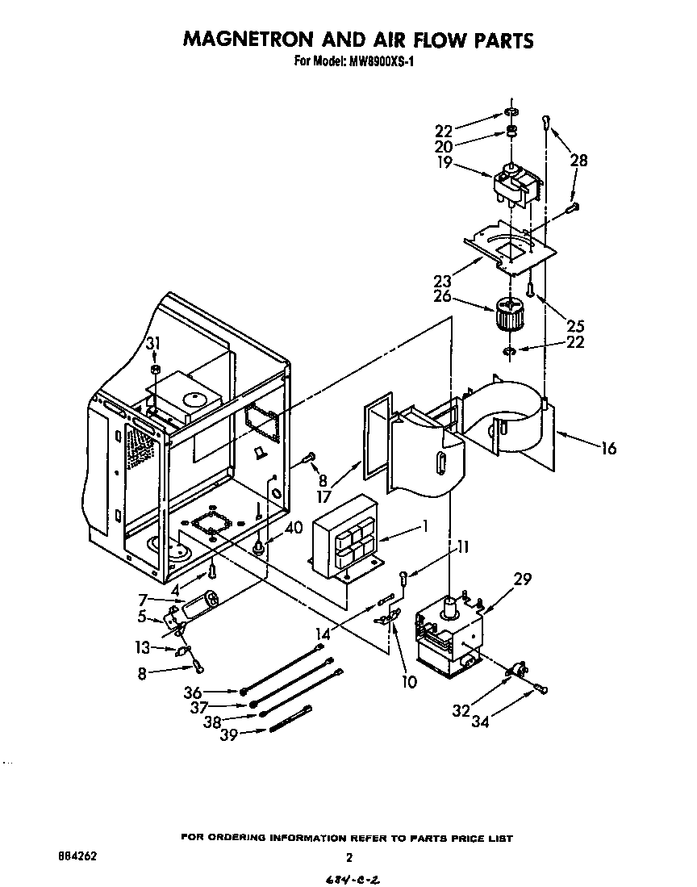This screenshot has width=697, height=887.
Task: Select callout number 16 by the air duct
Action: tap(608, 447)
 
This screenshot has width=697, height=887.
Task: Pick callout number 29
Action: tap(523, 578)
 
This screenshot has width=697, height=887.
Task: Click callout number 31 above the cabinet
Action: tap(153, 345)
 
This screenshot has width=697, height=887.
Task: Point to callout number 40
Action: tap(294, 528)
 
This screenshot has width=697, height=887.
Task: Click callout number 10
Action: tap(409, 682)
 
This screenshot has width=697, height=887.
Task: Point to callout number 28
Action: tap(579, 161)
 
